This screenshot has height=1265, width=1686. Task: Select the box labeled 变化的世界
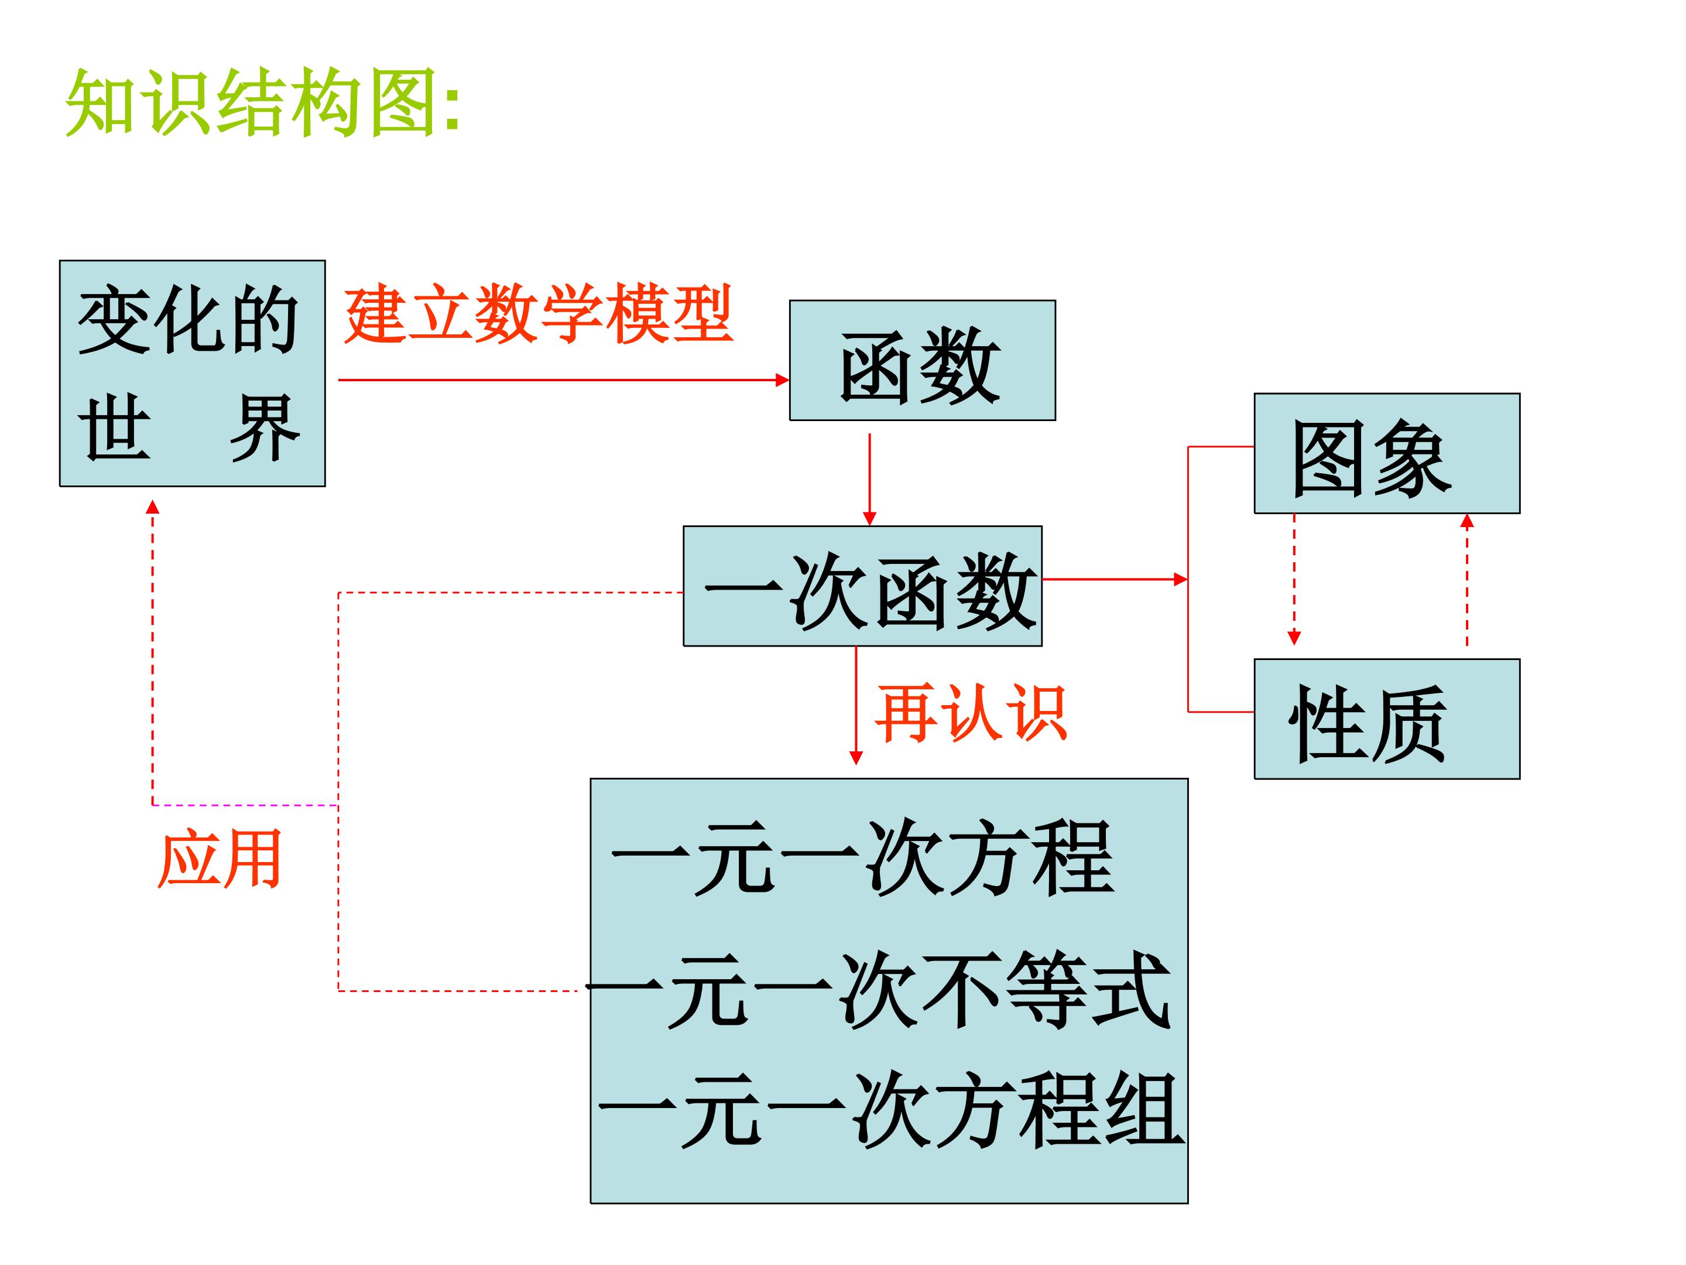click(193, 374)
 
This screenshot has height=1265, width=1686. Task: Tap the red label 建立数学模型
click(538, 313)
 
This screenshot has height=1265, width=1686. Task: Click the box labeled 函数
click(922, 361)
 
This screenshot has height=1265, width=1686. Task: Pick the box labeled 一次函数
click(863, 586)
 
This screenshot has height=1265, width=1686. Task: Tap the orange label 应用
click(220, 859)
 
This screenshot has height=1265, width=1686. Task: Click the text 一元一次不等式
click(878, 990)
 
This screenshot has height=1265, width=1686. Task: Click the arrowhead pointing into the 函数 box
click(783, 379)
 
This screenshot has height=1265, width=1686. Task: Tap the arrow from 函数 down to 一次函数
click(870, 480)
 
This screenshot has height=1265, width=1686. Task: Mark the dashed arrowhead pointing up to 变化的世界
click(152, 507)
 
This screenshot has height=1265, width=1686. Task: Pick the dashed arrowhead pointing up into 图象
click(1467, 522)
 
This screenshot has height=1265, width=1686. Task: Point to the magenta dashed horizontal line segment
click(245, 805)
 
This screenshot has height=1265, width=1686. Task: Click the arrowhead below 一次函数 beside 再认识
click(856, 758)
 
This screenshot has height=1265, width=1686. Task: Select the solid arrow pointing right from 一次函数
click(1115, 580)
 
